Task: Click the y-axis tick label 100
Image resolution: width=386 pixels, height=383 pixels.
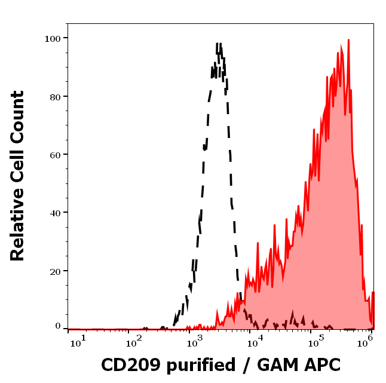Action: pos(53,38)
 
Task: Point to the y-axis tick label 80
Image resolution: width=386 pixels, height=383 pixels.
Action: pos(56,96)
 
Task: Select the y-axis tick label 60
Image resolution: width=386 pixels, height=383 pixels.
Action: pos(56,155)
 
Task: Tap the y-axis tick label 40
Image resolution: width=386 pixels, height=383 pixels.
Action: pos(56,213)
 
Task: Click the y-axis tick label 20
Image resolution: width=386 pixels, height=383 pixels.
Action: pos(56,271)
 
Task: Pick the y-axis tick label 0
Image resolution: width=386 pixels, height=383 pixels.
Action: pos(58,326)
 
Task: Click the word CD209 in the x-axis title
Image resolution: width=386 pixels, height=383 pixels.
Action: pos(127,365)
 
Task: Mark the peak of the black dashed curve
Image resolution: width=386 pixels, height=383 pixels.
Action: pos(219,44)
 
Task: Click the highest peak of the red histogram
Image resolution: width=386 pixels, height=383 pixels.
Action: pos(348,40)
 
